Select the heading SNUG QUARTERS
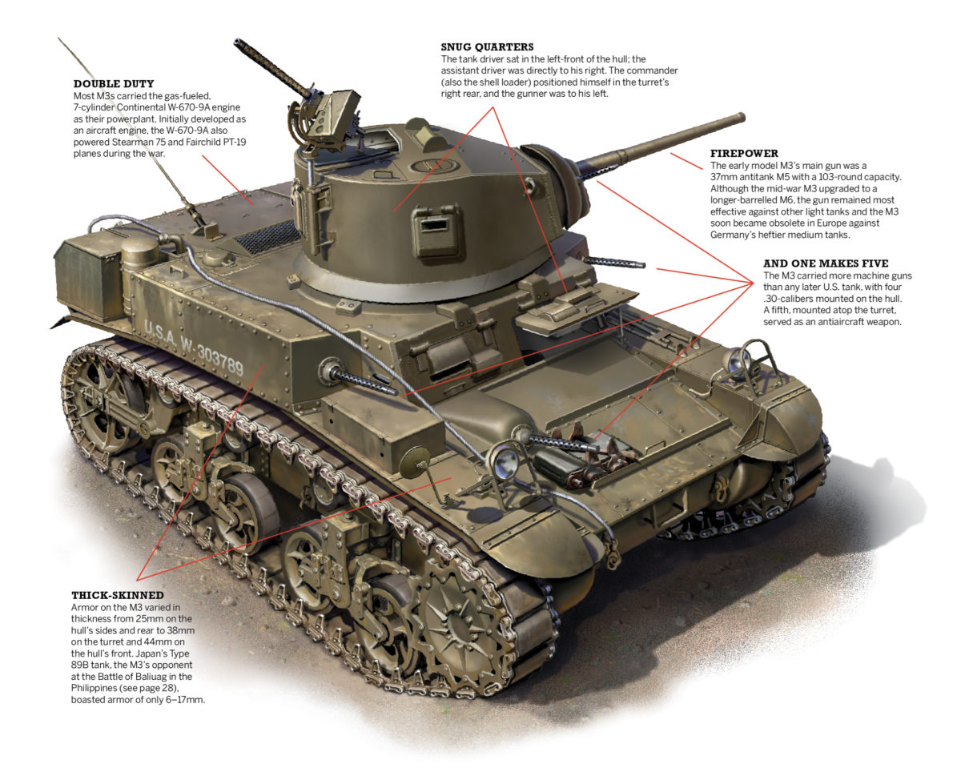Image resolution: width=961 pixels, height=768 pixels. point(487,47)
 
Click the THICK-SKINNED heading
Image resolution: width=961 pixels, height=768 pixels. point(118,595)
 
